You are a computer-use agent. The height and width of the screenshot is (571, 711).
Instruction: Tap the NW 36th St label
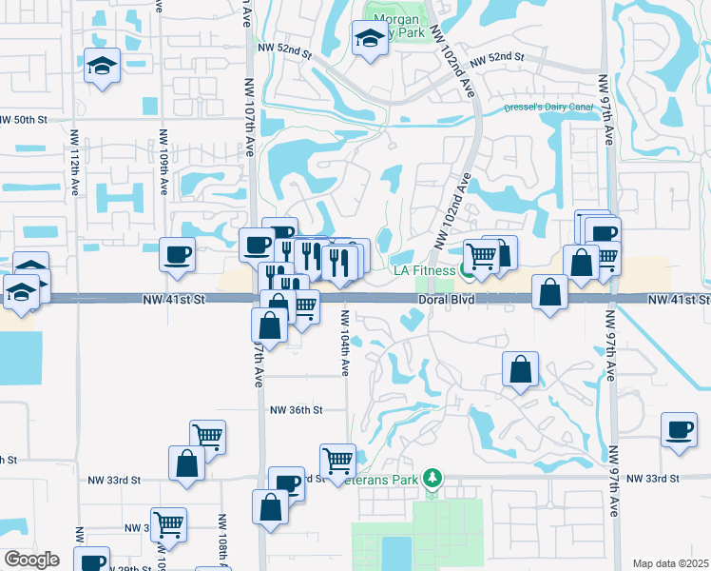point(297,410)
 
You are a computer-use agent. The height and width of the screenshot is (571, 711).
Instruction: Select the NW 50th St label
point(23,120)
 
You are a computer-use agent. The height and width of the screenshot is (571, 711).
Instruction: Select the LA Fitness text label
point(424,271)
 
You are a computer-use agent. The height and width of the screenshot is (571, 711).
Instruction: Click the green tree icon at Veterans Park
point(432,476)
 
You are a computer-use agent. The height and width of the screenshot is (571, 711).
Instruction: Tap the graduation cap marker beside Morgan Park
point(368,39)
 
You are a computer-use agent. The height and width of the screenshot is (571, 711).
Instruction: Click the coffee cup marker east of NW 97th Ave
point(679,430)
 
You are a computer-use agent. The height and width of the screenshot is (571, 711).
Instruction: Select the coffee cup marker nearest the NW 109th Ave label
point(177,254)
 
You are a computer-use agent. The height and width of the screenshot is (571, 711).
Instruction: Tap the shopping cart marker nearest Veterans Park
point(338,461)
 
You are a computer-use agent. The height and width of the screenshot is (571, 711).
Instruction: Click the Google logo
point(31,560)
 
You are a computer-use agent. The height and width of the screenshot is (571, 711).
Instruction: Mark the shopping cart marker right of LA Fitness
point(482,255)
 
